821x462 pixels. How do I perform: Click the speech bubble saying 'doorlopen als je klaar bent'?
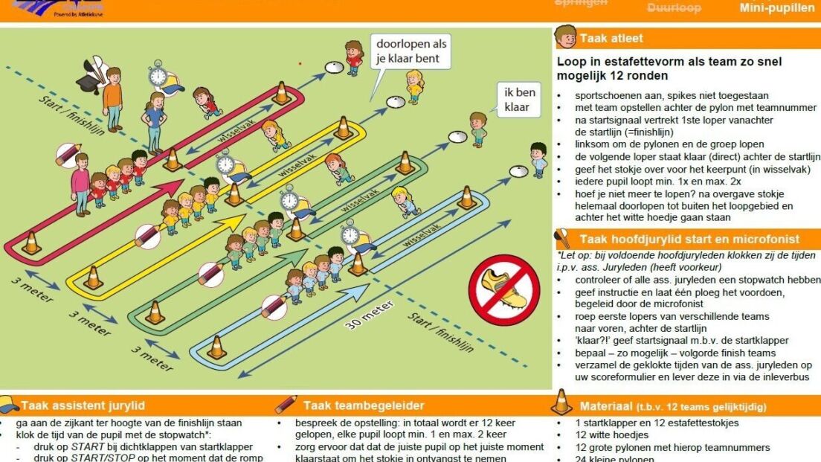coord(412,51)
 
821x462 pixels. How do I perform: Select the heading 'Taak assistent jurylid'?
coord(83,405)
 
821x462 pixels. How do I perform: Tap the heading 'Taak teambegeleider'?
coord(364,405)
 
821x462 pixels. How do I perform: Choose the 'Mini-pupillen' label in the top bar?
coord(777,8)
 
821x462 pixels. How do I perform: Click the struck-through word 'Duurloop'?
coord(674,8)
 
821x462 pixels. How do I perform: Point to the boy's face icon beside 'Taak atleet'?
coord(566,36)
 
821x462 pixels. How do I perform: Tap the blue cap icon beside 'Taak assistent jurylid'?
coord(10,405)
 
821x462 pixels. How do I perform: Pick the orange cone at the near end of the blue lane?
coord(216,346)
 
